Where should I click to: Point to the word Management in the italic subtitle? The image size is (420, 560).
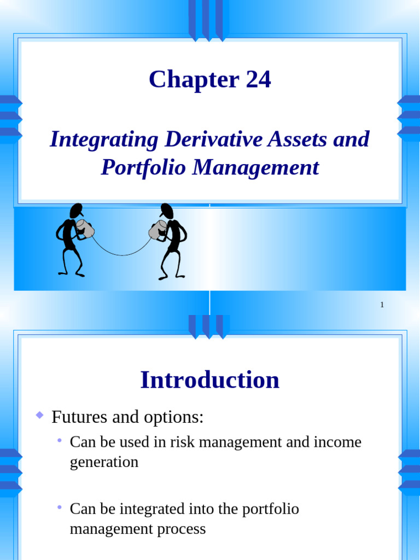[255, 167]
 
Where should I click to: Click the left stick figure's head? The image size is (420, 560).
[77, 211]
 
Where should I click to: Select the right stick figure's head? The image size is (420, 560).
[166, 211]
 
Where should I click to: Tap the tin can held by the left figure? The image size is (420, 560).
[85, 229]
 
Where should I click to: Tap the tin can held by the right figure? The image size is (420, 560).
[157, 230]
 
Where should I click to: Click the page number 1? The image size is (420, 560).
[382, 305]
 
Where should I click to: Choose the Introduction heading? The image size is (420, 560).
[210, 380]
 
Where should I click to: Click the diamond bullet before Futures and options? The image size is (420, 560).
[39, 416]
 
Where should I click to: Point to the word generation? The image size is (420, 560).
[104, 462]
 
